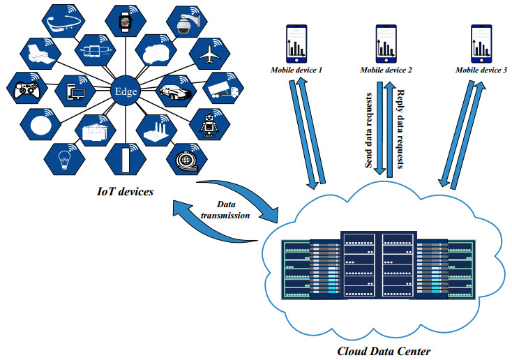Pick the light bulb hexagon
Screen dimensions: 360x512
[x=65, y=156]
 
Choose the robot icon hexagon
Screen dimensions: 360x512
[x=209, y=126]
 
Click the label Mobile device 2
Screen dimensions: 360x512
[x=386, y=70]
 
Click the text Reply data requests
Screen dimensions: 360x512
[x=401, y=130]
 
